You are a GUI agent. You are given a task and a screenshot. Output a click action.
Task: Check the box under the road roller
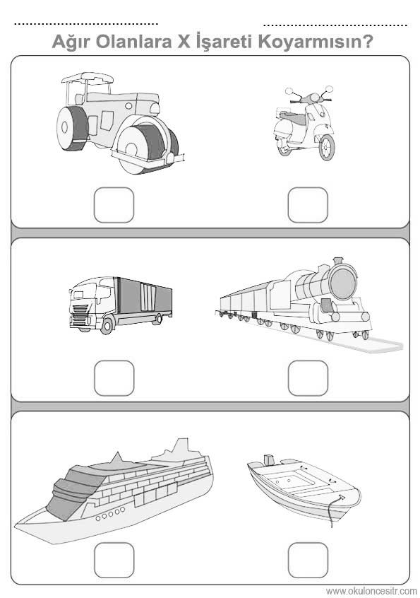(114, 205)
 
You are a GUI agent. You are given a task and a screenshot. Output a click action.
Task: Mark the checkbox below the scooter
(308, 205)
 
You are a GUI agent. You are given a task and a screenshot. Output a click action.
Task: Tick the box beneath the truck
(114, 378)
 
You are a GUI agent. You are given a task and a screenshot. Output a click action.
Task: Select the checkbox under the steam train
(308, 378)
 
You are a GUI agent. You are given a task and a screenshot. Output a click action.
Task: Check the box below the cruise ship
(114, 560)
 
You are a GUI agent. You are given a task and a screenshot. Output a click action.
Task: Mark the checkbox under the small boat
(308, 560)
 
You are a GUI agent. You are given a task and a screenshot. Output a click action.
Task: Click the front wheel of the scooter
(327, 148)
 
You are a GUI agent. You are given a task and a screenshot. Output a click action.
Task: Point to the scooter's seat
(292, 117)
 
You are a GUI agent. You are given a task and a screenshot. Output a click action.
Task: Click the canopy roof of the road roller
(88, 78)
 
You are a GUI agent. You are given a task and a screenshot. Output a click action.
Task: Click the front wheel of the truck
(107, 327)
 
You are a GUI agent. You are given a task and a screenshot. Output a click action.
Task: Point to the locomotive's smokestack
(337, 261)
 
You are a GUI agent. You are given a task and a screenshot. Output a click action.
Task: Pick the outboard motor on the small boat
(269, 460)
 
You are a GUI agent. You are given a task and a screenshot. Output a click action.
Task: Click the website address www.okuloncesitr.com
(371, 592)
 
